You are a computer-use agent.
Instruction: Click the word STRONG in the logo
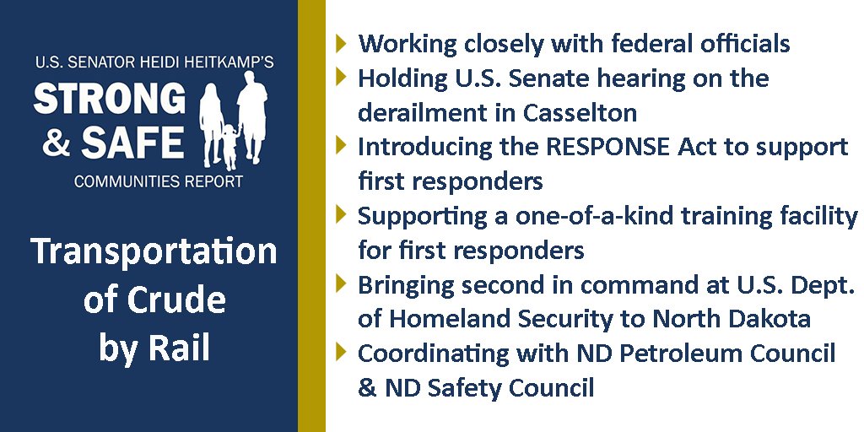point(110,99)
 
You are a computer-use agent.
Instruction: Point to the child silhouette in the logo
point(228,146)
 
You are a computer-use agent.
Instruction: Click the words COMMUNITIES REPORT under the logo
point(159,181)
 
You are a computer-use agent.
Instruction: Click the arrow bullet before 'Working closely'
point(341,42)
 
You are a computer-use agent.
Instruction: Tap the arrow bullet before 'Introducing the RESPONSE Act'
point(341,145)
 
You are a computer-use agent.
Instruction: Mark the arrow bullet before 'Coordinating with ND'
point(341,352)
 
